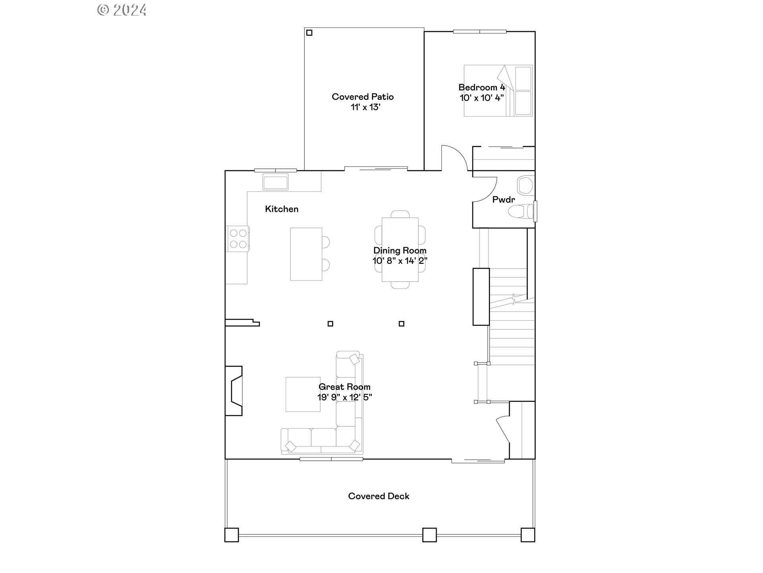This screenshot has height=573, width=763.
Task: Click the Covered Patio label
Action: coord(362,97)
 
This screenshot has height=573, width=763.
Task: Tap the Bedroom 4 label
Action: coord(481,87)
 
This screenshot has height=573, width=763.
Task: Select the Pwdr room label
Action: coord(503,200)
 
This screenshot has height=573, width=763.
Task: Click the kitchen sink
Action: coord(275,182)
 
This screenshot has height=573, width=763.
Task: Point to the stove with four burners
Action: coord(238,239)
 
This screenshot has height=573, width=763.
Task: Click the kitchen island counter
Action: coord(306,254)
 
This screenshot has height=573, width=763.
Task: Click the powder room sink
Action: coord(525,185)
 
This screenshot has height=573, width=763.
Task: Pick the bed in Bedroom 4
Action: coord(498,91)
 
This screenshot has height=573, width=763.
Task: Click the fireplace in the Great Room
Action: coord(234,391)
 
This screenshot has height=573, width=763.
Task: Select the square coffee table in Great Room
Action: coord(303,394)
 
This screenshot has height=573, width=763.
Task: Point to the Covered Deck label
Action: coord(378,496)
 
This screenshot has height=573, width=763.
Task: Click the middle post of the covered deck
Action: coord(429,534)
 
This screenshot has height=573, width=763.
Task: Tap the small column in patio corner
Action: coord(309,33)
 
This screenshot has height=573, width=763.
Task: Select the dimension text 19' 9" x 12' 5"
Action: coord(344,397)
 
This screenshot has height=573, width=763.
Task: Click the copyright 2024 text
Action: coord(122,10)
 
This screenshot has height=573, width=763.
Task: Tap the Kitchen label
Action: coord(281,209)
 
